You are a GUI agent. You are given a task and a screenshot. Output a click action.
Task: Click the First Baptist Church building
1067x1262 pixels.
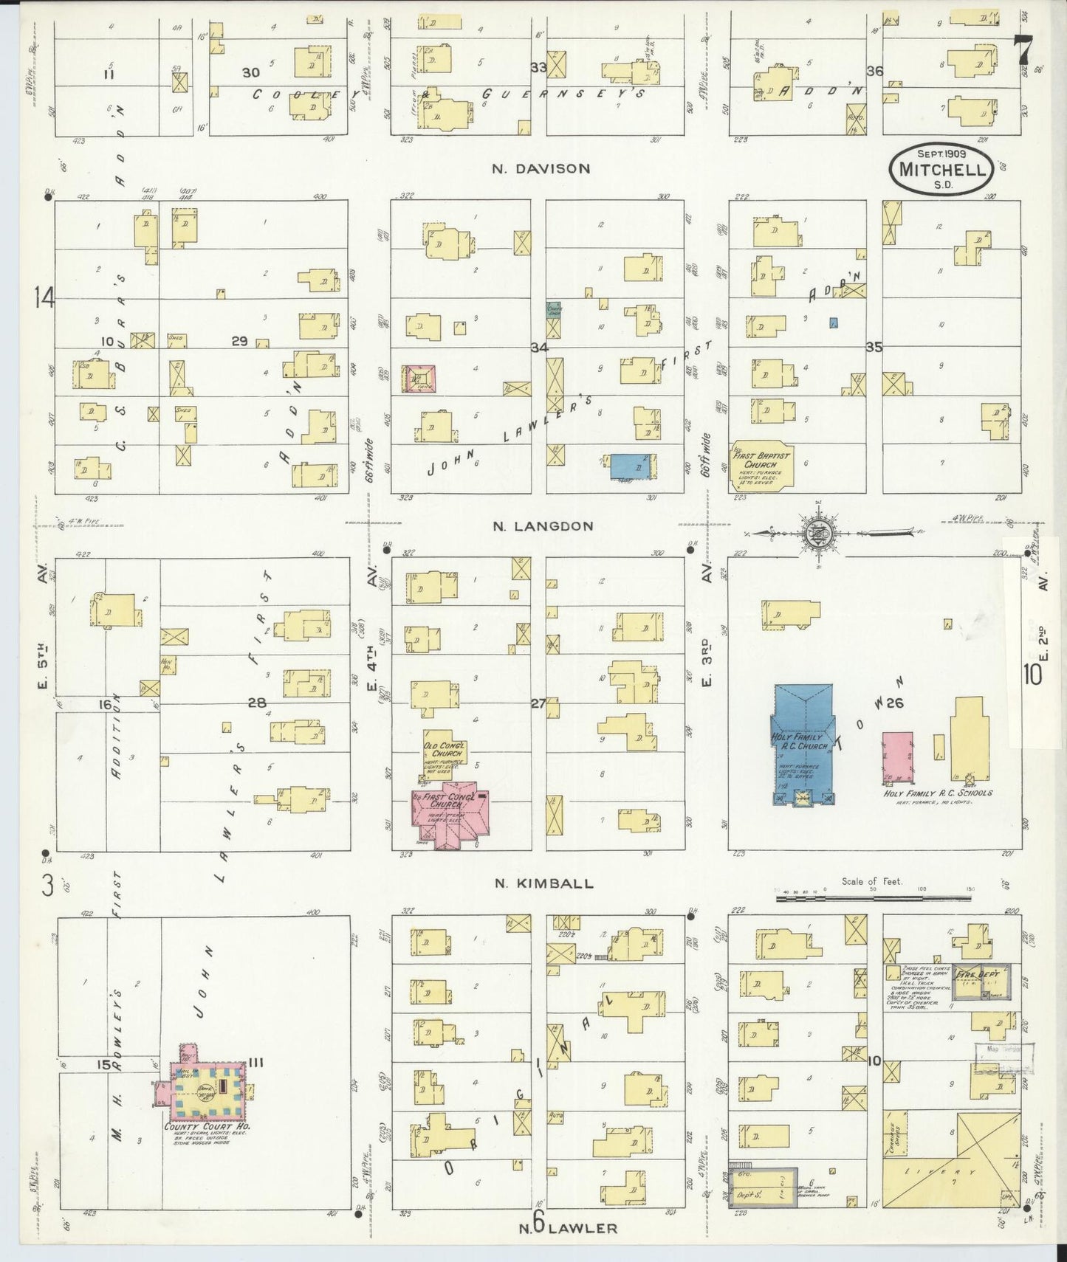761,464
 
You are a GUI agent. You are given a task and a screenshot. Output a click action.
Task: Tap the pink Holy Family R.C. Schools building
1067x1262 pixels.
896,758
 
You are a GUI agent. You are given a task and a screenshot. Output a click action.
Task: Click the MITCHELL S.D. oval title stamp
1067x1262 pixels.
941,169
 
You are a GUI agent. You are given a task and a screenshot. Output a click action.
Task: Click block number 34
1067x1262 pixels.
540,347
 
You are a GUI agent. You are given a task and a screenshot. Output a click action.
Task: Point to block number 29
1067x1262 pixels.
239,341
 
